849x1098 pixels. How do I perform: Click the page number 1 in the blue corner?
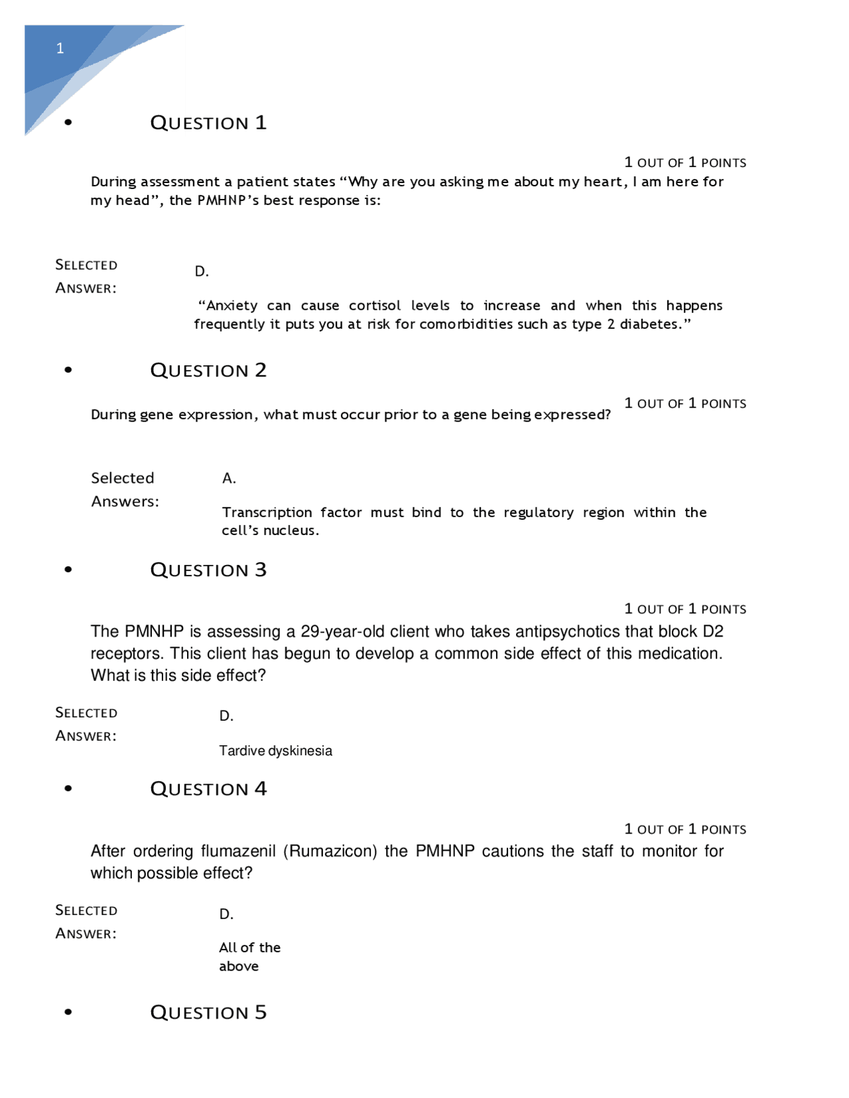click(x=60, y=48)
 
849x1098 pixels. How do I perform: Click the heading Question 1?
click(x=208, y=123)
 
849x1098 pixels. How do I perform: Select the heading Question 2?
click(x=208, y=370)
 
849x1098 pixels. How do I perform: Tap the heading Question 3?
click(x=208, y=570)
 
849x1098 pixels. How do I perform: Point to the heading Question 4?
click(x=208, y=788)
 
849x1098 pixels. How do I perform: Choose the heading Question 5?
click(x=208, y=1012)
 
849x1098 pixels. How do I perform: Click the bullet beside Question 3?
click(x=68, y=570)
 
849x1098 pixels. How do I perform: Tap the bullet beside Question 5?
click(x=68, y=1012)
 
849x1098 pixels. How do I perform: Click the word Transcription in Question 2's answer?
click(x=267, y=513)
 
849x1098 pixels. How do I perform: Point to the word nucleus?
click(x=291, y=530)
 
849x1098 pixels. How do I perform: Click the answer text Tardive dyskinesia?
click(x=275, y=751)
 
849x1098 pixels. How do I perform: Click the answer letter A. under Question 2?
click(x=229, y=478)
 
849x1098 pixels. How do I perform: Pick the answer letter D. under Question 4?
click(x=226, y=914)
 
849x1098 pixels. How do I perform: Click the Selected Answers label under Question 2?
click(x=125, y=489)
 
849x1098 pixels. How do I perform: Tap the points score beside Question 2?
click(x=685, y=403)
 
